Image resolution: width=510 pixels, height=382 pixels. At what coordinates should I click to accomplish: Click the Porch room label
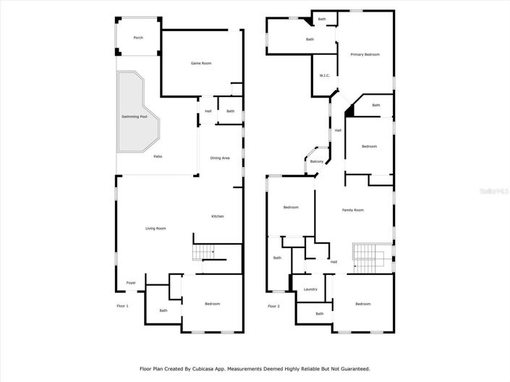pyautogui.click(x=137, y=38)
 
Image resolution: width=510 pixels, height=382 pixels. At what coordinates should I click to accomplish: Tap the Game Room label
pyautogui.click(x=201, y=64)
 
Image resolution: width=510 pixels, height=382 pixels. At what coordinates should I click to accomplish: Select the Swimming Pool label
pyautogui.click(x=134, y=116)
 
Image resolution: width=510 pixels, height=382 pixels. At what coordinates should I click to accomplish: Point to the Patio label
pyautogui.click(x=157, y=156)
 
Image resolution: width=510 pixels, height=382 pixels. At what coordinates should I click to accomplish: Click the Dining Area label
pyautogui.click(x=220, y=158)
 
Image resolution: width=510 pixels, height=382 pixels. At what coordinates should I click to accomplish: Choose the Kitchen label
pyautogui.click(x=217, y=216)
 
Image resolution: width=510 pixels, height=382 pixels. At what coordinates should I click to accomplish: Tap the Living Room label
pyautogui.click(x=156, y=229)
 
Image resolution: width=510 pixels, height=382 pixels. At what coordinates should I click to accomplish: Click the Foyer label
pyautogui.click(x=131, y=282)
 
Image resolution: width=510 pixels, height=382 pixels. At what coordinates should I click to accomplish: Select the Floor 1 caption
pyautogui.click(x=122, y=306)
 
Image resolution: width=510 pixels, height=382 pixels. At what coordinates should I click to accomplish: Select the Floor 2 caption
pyautogui.click(x=273, y=306)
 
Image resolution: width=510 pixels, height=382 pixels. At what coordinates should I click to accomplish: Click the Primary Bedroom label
pyautogui.click(x=365, y=54)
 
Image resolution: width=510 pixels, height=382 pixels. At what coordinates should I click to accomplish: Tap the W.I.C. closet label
pyautogui.click(x=325, y=76)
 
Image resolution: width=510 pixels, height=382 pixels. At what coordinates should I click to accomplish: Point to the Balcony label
pyautogui.click(x=317, y=161)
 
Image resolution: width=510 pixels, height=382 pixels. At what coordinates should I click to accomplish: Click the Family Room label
pyautogui.click(x=353, y=210)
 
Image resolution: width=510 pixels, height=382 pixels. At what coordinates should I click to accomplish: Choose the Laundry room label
pyautogui.click(x=310, y=289)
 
